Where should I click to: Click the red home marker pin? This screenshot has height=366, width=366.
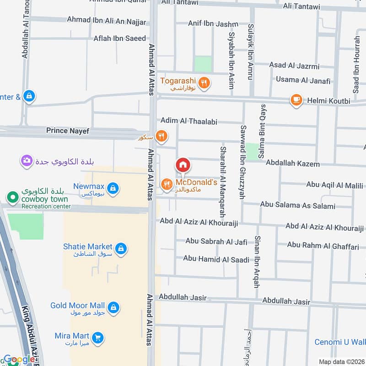pyautogui.click(x=183, y=165)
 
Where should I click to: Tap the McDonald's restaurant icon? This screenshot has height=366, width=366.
pyautogui.click(x=167, y=184)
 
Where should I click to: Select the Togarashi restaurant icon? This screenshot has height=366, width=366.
pyautogui.click(x=205, y=83)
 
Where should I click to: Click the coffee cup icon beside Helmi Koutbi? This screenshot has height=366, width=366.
pyautogui.click(x=296, y=100)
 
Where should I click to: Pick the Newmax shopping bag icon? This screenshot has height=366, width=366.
pyautogui.click(x=113, y=188)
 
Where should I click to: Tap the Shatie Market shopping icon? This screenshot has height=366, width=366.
pyautogui.click(x=121, y=248)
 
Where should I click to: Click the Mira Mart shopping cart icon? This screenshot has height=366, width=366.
pyautogui.click(x=97, y=338)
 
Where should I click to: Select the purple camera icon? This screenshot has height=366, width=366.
pyautogui.click(x=27, y=161)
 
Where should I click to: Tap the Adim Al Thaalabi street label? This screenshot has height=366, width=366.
pyautogui.click(x=188, y=121)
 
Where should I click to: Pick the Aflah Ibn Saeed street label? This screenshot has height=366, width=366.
pyautogui.click(x=119, y=38)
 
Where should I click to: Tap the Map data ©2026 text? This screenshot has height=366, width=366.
pyautogui.click(x=341, y=361)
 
